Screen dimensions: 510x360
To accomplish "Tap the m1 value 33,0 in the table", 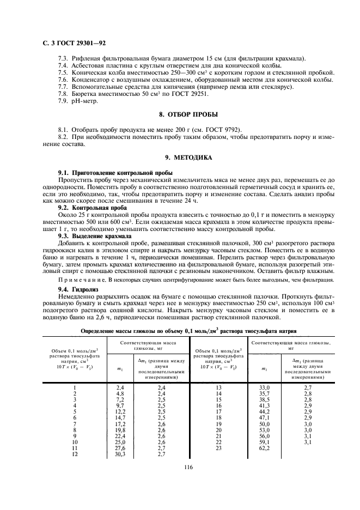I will coord(265,387).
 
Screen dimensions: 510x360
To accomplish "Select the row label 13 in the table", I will coord(218,387).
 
